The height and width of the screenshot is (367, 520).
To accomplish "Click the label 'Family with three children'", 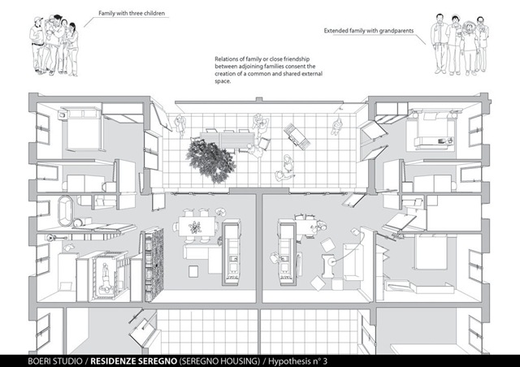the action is pyautogui.click(x=132, y=14).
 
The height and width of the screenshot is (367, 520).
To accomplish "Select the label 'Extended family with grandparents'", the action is pyautogui.click(x=369, y=31).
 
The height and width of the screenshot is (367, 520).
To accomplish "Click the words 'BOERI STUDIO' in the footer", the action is pyautogui.click(x=55, y=361).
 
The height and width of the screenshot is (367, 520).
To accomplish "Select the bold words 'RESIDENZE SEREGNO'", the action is pyautogui.click(x=133, y=361).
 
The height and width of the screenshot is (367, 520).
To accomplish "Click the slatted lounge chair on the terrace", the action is pyautogui.click(x=297, y=136).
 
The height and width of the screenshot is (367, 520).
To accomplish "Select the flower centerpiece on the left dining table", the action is pyautogui.click(x=195, y=227).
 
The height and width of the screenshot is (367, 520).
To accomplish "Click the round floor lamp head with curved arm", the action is pyautogui.click(x=331, y=261).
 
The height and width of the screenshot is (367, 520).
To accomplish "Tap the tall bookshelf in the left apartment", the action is pyautogui.click(x=154, y=264).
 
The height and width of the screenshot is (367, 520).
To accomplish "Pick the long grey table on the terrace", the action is pyautogui.click(x=227, y=140).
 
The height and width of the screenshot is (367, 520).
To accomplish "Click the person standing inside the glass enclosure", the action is pyautogui.click(x=106, y=277).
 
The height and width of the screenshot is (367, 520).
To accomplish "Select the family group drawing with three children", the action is pyautogui.click(x=54, y=45).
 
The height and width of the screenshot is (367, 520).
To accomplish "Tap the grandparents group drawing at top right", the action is pyautogui.click(x=460, y=44).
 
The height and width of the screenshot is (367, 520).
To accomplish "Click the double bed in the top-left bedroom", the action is pyautogui.click(x=82, y=128).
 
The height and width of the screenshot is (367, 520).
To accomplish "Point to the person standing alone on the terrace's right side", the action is pyautogui.click(x=336, y=127).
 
